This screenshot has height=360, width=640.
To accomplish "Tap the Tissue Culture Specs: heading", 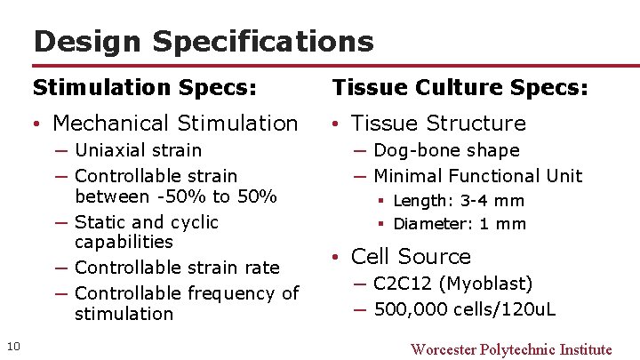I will coord(460,88).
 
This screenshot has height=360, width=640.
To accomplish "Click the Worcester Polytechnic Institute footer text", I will coord(511,349).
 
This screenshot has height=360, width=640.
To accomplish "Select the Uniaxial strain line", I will coord(138,150).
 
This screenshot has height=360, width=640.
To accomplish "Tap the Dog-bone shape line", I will coord(446,150).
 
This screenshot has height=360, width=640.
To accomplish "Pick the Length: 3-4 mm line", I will coord(459,201).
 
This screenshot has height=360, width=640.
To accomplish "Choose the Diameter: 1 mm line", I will coord(460,224).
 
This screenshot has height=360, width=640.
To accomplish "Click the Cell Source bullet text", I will coord(411,257).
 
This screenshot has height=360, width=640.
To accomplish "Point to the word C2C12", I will coord(403,284).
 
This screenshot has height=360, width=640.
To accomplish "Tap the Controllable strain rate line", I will coord(177,268).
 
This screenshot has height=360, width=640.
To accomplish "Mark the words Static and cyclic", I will coord(147,222).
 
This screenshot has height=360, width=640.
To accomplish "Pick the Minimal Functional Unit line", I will coord(478,176).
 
